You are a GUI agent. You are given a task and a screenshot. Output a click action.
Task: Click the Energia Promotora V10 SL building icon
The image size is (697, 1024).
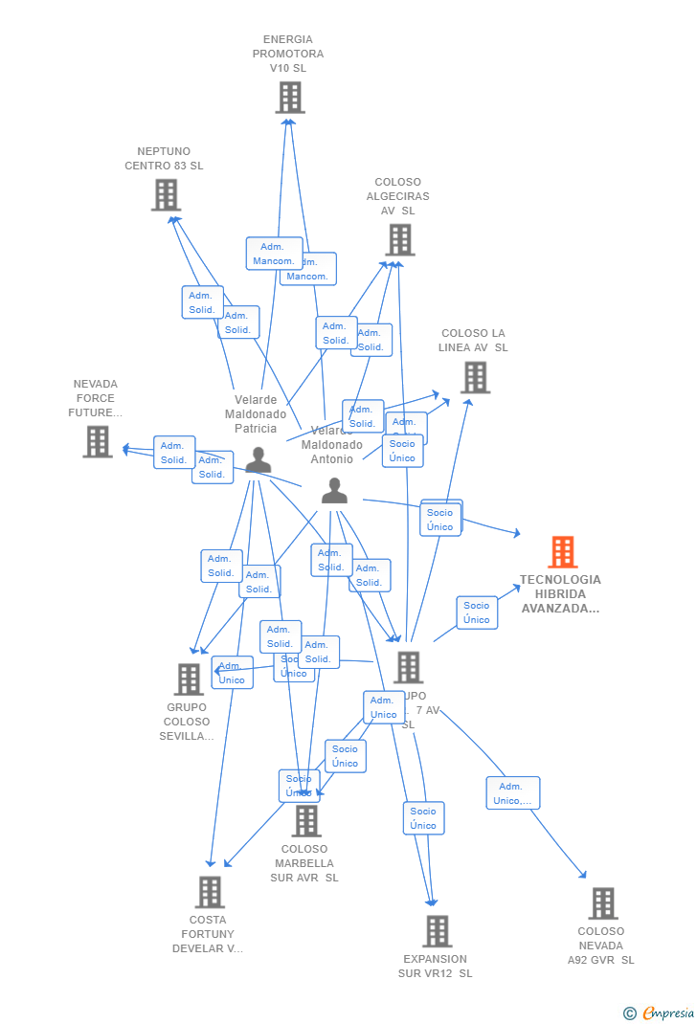pos(289,98)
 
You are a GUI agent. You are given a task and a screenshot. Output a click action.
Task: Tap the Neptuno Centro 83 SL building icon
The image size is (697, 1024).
pos(166,195)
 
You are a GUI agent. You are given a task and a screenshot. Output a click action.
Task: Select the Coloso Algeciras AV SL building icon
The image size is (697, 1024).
pos(399,240)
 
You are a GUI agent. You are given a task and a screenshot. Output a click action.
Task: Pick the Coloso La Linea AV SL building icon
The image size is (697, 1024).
pos(475,378)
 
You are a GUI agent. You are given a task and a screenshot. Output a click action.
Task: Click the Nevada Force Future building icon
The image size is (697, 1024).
pos(97,442)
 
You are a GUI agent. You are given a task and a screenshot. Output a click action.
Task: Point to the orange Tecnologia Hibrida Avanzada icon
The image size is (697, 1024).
pos(562,552)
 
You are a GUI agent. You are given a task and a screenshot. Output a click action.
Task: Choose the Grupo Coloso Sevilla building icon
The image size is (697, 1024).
pos(189,679)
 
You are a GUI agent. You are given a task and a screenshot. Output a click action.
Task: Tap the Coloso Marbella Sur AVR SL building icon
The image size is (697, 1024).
pos(305,821)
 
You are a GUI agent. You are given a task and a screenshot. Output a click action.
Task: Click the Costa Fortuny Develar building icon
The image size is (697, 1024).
pos(210,892)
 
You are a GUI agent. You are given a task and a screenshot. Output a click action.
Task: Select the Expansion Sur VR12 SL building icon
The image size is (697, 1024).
pos(437,931)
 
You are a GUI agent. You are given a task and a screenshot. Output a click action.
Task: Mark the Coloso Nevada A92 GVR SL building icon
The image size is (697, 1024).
pos(602,903)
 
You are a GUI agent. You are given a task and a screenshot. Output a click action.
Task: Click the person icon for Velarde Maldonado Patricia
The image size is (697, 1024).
pos(258,460)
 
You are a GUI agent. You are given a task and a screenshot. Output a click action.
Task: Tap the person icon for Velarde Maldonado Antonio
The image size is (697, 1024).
pos(334,491)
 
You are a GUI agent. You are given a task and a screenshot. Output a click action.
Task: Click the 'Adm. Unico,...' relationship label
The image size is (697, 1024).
pos(512,793)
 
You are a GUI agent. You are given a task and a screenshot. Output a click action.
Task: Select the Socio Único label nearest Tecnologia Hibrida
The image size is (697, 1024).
pos(476,612)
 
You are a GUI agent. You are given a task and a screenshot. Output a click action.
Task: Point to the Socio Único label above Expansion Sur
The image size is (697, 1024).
pos(423,818)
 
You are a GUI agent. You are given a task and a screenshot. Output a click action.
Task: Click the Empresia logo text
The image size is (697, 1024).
pos(668,1013)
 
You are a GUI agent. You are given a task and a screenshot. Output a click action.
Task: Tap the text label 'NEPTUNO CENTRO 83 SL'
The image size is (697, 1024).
pos(164,159)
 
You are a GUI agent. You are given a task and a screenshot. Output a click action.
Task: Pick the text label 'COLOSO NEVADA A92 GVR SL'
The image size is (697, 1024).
pos(600,946)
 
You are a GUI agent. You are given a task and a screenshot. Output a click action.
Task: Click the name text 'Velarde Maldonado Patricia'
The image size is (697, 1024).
pos(256,414)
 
